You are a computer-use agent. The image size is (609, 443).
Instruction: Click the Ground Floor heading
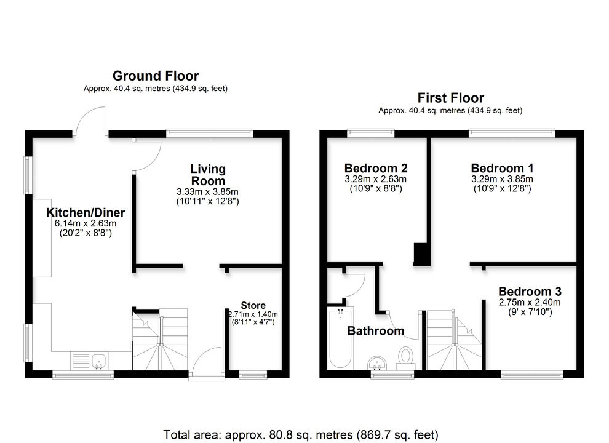[x=155, y=76]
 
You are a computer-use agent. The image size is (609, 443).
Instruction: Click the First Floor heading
[x=450, y=98]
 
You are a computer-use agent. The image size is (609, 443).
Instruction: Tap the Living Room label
[x=207, y=175]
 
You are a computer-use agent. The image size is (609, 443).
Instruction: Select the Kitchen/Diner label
[x=86, y=213]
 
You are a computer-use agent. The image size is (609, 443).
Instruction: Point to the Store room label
[x=253, y=305]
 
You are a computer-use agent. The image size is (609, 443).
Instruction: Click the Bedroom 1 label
[x=502, y=168]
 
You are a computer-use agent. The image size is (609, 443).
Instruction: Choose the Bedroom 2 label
[x=375, y=168]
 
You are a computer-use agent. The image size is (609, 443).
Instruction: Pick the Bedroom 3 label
[x=529, y=292]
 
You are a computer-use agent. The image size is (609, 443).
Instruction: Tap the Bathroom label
[x=376, y=331]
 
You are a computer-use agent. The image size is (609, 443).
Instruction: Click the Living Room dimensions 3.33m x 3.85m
[x=207, y=192]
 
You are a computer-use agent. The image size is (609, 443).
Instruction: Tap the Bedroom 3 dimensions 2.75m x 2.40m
[x=529, y=303]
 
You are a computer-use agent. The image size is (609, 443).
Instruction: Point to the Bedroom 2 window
[x=370, y=132]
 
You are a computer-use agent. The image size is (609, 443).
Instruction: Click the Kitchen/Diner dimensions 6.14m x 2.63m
[x=86, y=224]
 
